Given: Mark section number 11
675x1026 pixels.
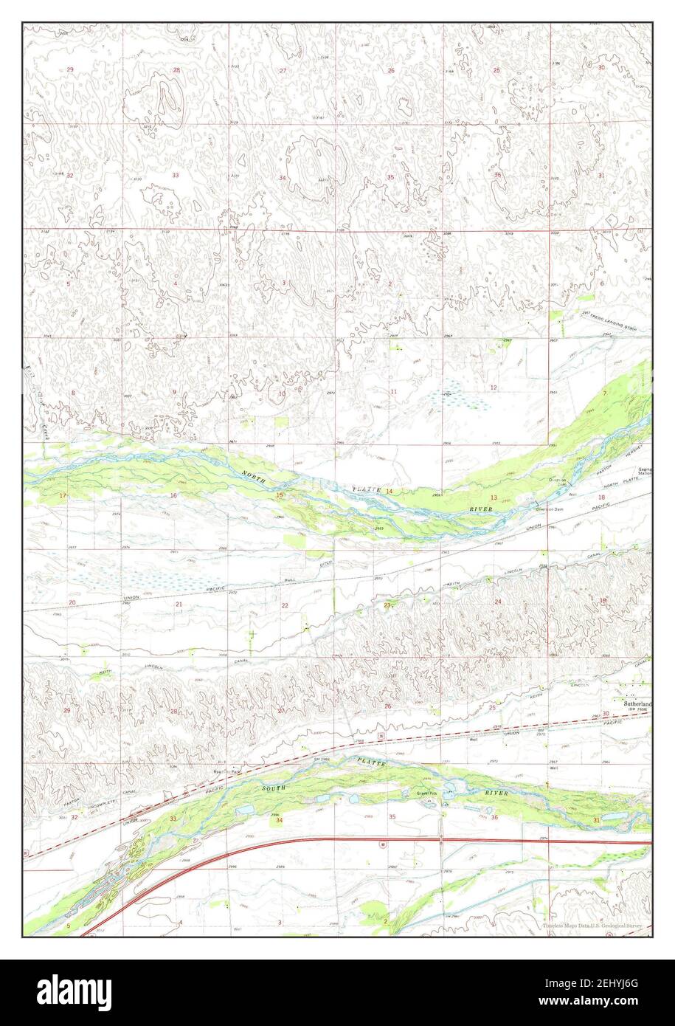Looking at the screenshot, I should click(394, 391).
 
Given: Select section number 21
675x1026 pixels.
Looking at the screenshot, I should click(179, 605).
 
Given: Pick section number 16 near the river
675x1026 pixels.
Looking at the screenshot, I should click(174, 495).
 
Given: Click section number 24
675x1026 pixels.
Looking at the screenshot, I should click(498, 602).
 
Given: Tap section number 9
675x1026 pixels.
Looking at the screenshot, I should click(175, 391).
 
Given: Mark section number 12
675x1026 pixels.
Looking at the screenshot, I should click(493, 388).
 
